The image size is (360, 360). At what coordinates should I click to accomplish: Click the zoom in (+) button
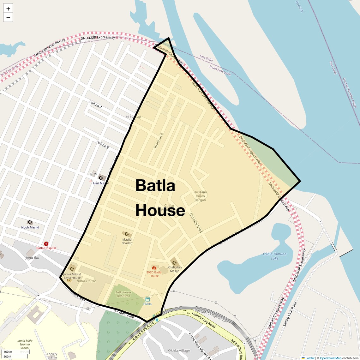click(x=8, y=9)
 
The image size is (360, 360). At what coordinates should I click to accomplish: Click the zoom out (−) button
click(x=8, y=18)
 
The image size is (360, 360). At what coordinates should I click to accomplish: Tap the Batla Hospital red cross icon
click(x=46, y=244)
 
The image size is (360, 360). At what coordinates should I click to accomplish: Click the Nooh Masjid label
click(x=30, y=227)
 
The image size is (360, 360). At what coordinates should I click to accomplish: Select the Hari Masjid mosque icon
click(x=101, y=178)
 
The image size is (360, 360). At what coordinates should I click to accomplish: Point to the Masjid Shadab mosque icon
click(x=127, y=234)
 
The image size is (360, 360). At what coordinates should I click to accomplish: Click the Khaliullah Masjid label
click(x=175, y=269)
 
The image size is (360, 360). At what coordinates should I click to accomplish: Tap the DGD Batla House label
click(x=154, y=274)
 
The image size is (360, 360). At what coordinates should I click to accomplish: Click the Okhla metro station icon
click(x=147, y=299)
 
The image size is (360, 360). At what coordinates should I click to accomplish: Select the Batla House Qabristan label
click(x=123, y=294)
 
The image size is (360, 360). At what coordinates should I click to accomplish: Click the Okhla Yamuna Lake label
click(x=275, y=256)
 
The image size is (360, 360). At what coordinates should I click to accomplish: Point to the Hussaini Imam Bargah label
click(x=200, y=196)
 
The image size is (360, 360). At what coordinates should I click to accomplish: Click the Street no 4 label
click(x=159, y=141)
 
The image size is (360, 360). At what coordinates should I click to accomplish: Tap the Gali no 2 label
click(x=96, y=104)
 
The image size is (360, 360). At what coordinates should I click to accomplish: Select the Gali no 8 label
click(x=103, y=145)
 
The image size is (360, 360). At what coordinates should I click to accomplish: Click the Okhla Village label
click(x=179, y=351)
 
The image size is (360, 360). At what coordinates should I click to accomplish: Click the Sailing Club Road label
click(x=290, y=314)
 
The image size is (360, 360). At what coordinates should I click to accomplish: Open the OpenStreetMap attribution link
click(x=330, y=358)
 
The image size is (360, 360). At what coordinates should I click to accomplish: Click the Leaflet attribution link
click(x=310, y=358)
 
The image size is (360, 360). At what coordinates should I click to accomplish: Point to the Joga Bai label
click(x=32, y=258)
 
